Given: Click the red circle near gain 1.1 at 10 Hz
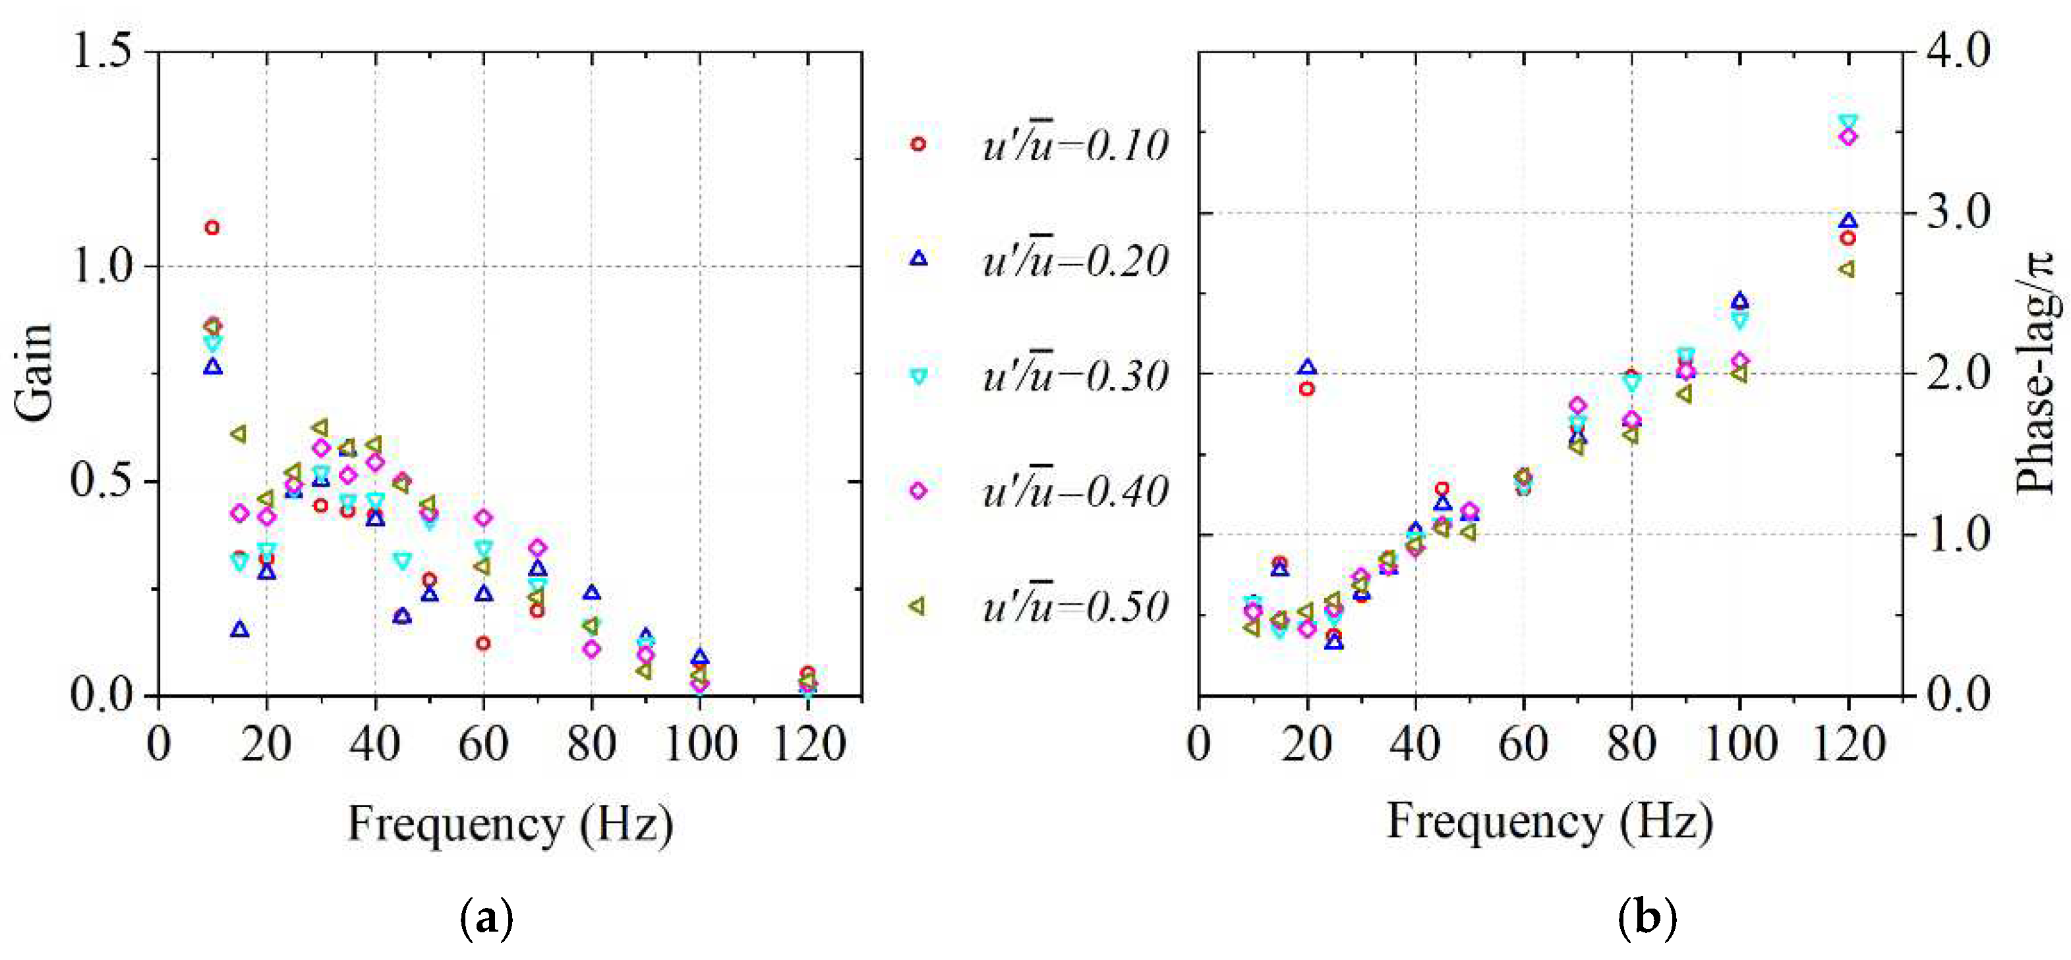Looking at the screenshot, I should tap(212, 227).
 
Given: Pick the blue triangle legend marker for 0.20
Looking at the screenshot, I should tap(918, 258).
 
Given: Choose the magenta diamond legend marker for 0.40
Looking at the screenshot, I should tap(918, 491).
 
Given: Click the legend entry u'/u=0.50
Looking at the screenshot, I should tap(1074, 607).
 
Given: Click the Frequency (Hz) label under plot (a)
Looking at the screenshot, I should tap(510, 824).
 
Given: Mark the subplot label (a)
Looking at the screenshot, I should tap(486, 917).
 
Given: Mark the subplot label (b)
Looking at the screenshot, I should tap(1647, 917).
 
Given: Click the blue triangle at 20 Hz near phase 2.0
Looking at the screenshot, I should tap(1307, 367).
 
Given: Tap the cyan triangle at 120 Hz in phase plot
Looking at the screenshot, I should tap(1848, 122).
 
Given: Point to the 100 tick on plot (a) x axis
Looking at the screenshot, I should tap(700, 744).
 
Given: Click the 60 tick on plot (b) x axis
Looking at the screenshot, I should tap(1523, 744).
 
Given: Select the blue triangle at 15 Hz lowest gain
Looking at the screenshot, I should tap(239, 629).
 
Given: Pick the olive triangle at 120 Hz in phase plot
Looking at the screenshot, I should tap(1848, 270).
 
